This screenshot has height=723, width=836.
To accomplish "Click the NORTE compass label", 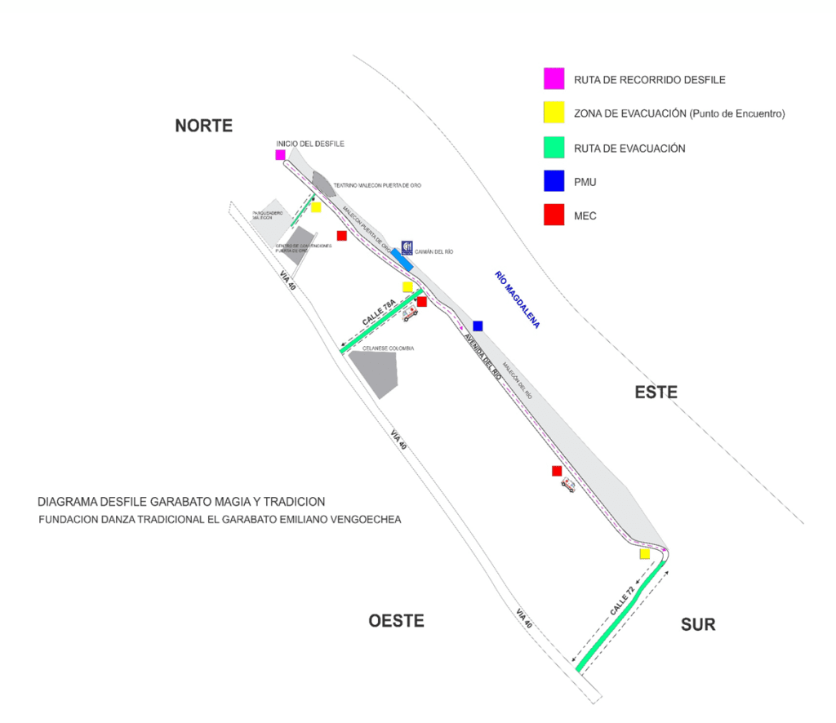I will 204,126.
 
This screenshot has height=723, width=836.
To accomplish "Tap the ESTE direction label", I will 656,393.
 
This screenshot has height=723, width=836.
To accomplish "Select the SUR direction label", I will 698,625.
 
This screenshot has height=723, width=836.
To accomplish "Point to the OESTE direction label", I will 396,621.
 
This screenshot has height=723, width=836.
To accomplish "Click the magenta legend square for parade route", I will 554,79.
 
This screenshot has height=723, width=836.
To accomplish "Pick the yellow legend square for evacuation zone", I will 554,113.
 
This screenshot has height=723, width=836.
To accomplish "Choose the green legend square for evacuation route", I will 554,148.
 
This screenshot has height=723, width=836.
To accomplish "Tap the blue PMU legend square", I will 554,181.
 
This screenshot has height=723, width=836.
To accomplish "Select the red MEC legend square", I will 554,215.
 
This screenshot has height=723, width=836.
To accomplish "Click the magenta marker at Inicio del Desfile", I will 280,154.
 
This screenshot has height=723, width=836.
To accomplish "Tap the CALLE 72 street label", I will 621,601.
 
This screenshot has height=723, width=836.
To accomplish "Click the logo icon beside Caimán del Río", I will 407,249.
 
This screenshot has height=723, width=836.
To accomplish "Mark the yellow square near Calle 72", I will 644,554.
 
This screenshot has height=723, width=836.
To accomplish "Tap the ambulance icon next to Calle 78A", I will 409,313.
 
